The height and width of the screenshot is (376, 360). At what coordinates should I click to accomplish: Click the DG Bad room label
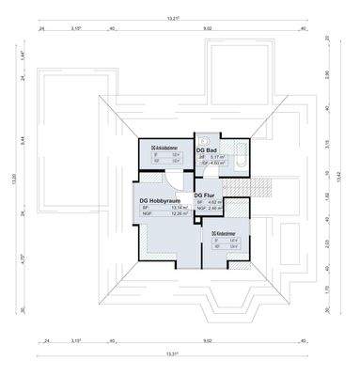tap(207, 149)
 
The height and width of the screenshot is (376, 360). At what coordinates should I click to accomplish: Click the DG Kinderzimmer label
tap(227, 232)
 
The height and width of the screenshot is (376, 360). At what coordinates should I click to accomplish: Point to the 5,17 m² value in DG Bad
tap(217, 157)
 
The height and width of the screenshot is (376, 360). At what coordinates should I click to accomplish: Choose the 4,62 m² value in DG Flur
tap(213, 201)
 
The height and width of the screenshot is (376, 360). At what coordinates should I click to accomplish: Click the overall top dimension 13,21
tap(173, 18)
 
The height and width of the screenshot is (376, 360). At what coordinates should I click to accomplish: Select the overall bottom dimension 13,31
tap(172, 353)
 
